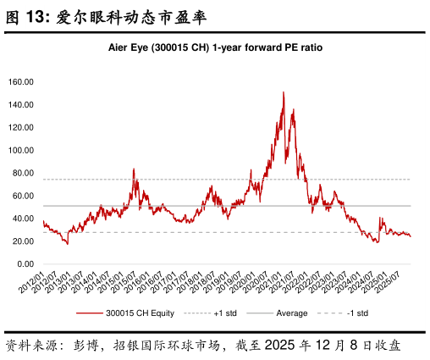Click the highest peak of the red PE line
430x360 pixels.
283,92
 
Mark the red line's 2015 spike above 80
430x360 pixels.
134,169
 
